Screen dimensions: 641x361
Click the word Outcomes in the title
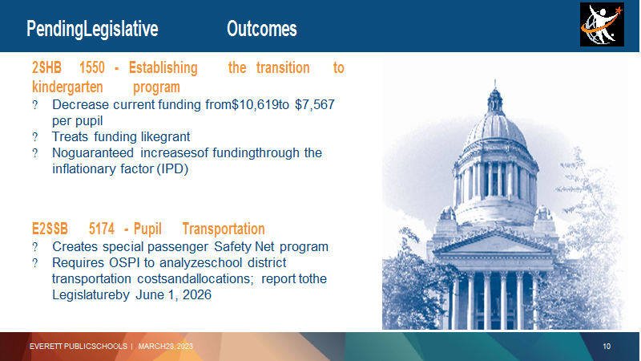pos(262,29)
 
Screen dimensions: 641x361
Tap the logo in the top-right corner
pos(602,25)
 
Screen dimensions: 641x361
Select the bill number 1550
pos(92,67)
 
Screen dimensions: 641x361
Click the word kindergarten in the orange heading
pos(67,87)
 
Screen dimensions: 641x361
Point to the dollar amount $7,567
pos(315,105)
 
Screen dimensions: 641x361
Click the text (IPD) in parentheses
pos(172,168)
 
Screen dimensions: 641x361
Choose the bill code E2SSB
pos(50,229)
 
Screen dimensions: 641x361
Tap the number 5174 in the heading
pos(102,229)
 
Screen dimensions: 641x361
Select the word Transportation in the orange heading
pos(224,229)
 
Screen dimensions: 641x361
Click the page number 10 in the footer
pos(607,347)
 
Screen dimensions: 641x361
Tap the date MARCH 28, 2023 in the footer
pos(166,347)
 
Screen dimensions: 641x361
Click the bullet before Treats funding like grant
pos(35,136)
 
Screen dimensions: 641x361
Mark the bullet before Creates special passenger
pos(35,247)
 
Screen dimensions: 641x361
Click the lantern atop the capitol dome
pos(495,100)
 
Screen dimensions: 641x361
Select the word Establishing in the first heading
pos(163,67)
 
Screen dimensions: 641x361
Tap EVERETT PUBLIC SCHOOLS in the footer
pos(78,347)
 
